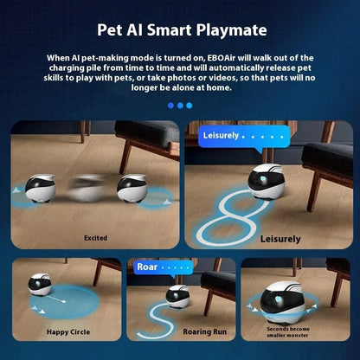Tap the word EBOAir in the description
coord(222,58)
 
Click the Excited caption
coord(95,238)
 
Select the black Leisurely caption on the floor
coord(280,239)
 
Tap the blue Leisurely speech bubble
coord(244,138)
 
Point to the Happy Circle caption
coord(68,332)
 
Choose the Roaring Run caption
coord(205,332)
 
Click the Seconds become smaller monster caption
coord(287,332)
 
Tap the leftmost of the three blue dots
coord(170,106)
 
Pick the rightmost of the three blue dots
coord(190,106)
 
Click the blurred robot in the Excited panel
coord(87,188)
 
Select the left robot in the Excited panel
coord(41,189)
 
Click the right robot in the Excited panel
coord(132,188)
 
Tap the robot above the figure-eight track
coord(266,182)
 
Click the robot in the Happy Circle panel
coord(40,285)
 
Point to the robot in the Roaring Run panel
coord(177,297)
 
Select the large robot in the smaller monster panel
coord(282,304)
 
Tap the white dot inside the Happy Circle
coord(64,302)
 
